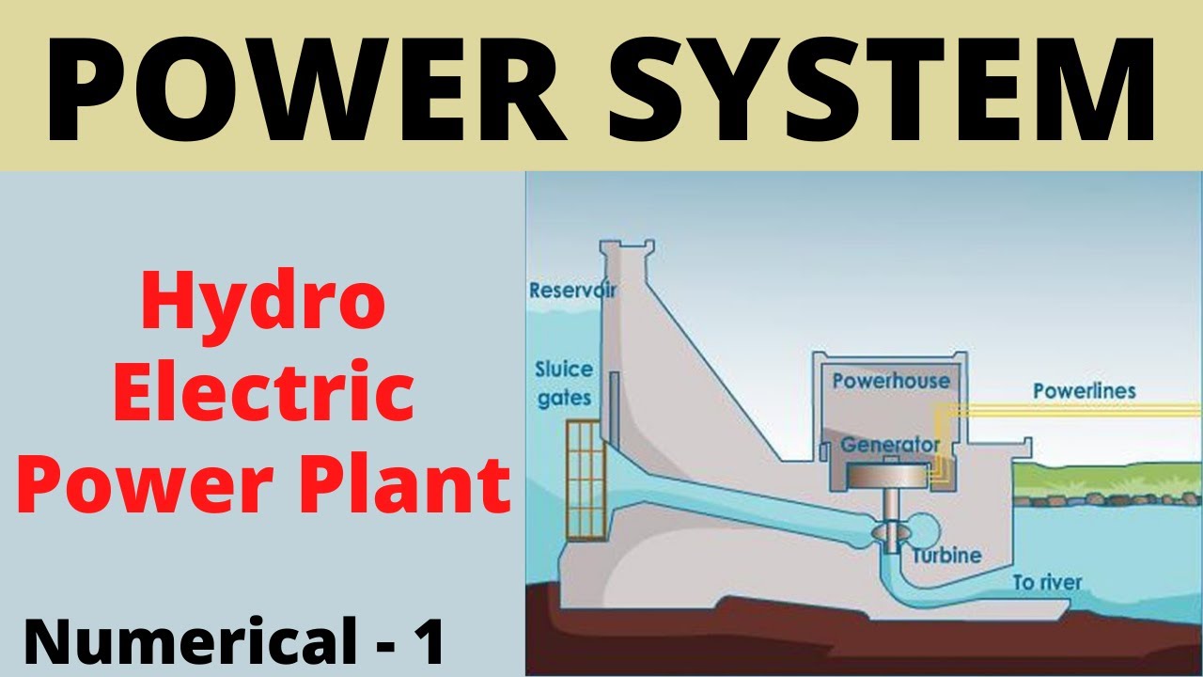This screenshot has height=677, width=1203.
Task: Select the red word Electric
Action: coord(263,394)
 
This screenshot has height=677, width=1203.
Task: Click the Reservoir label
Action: coord(572,290)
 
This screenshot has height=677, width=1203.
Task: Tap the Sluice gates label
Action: coord(563,383)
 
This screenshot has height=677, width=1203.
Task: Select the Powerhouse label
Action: coord(890,381)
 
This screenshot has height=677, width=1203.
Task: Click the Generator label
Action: coord(890,444)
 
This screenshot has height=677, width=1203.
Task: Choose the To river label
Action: coord(1046,583)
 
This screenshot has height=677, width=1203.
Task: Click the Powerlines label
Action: coord(1084,390)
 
